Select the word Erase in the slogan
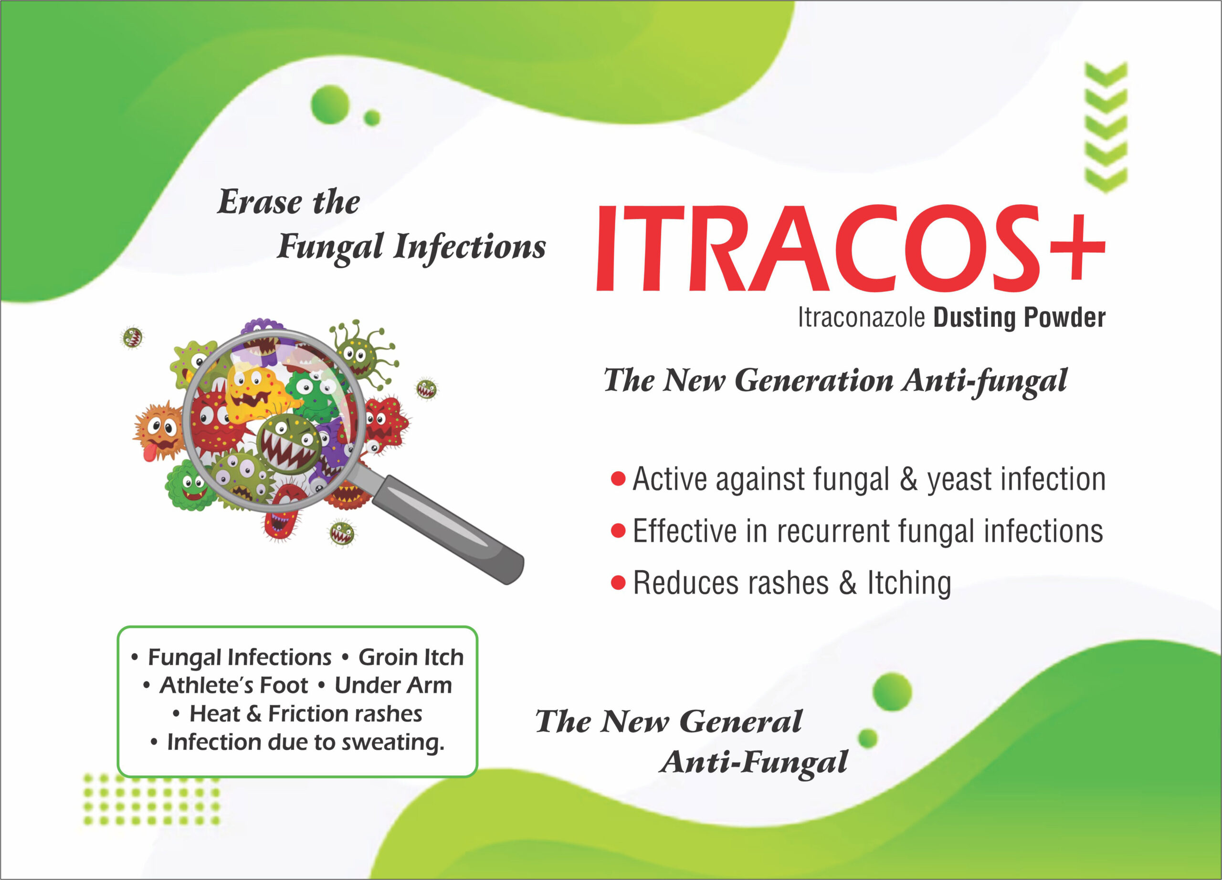tap(260, 202)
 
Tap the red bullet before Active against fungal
tap(618, 478)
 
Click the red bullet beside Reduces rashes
tap(618, 582)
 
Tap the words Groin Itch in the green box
tap(411, 657)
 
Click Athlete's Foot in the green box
tap(234, 685)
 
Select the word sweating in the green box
tap(393, 743)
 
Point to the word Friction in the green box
tap(304, 713)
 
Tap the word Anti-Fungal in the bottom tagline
tap(753, 763)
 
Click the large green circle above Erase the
tap(330, 104)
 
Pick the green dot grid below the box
tap(151, 799)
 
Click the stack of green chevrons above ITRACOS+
tap(1106, 127)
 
